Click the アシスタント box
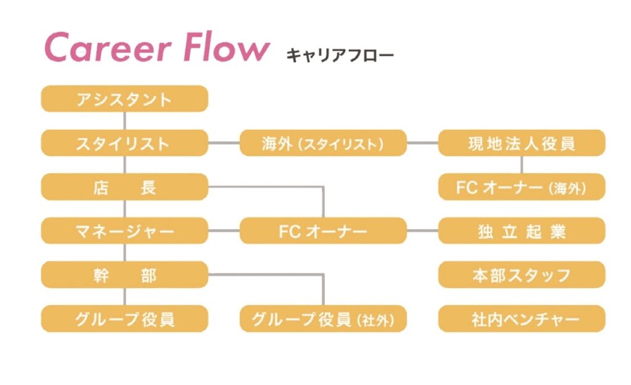(x=124, y=99)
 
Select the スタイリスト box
(x=124, y=143)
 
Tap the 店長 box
(x=124, y=187)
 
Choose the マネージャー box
(x=124, y=230)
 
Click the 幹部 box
(x=124, y=275)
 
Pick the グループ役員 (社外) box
(x=323, y=318)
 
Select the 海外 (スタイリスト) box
(x=323, y=143)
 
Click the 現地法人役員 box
(x=521, y=143)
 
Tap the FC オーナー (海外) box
(x=521, y=187)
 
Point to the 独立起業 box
(x=521, y=230)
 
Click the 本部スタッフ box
(x=521, y=275)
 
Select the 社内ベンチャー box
(x=521, y=318)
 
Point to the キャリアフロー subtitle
(x=340, y=55)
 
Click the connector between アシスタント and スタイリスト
(x=124, y=121)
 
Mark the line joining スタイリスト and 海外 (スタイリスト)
(x=224, y=143)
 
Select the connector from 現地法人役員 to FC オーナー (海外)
(x=521, y=165)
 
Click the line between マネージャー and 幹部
(x=124, y=253)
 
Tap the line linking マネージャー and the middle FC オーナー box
(x=224, y=230)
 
